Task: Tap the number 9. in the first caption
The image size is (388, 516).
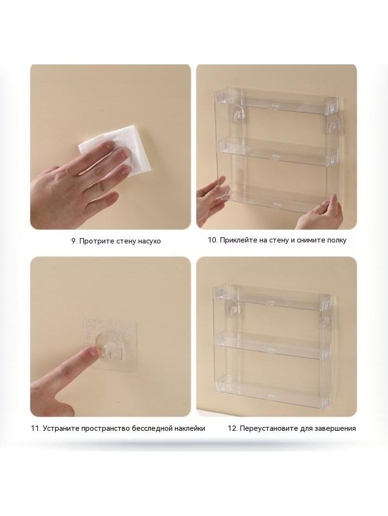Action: click(74, 241)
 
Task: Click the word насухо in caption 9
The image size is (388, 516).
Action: click(149, 241)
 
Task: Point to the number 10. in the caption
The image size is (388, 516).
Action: click(212, 240)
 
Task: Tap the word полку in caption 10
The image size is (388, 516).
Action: click(336, 240)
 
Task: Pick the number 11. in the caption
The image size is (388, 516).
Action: click(35, 428)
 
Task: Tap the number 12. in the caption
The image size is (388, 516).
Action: click(232, 428)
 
